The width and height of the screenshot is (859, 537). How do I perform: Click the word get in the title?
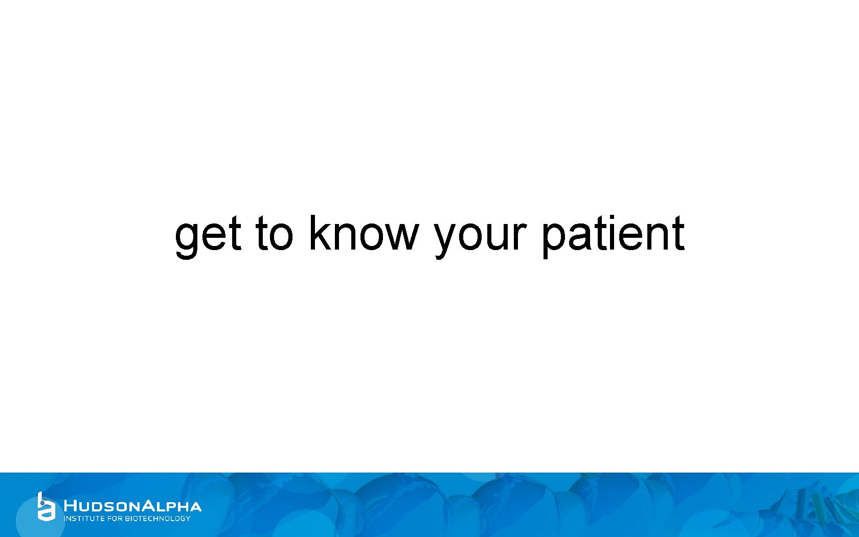point(208,234)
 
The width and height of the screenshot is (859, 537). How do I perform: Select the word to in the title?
point(275,234)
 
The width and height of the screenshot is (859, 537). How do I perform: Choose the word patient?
point(613,234)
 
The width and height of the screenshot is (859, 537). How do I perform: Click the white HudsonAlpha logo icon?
point(46,506)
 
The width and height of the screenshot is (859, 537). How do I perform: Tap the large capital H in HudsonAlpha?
point(71,506)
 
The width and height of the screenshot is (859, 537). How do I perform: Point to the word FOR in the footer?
point(115,519)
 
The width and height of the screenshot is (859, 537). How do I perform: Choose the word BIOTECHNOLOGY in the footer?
point(157,519)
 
